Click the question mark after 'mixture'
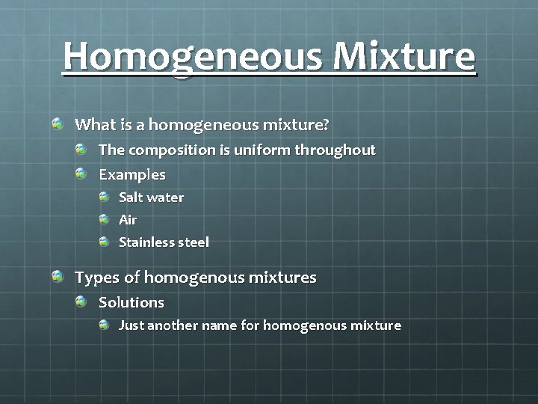[x=326, y=123]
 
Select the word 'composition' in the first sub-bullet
[x=172, y=150]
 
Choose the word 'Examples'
[x=132, y=174]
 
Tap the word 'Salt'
[x=131, y=198]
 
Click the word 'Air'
[x=128, y=220]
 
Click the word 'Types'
[x=97, y=278]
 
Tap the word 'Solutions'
[x=132, y=302]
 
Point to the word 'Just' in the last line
[x=132, y=325]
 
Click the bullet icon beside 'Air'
[x=105, y=219]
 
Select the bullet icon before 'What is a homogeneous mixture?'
[x=58, y=123]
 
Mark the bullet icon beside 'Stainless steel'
[x=105, y=242]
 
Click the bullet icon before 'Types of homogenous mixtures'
[x=58, y=277]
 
